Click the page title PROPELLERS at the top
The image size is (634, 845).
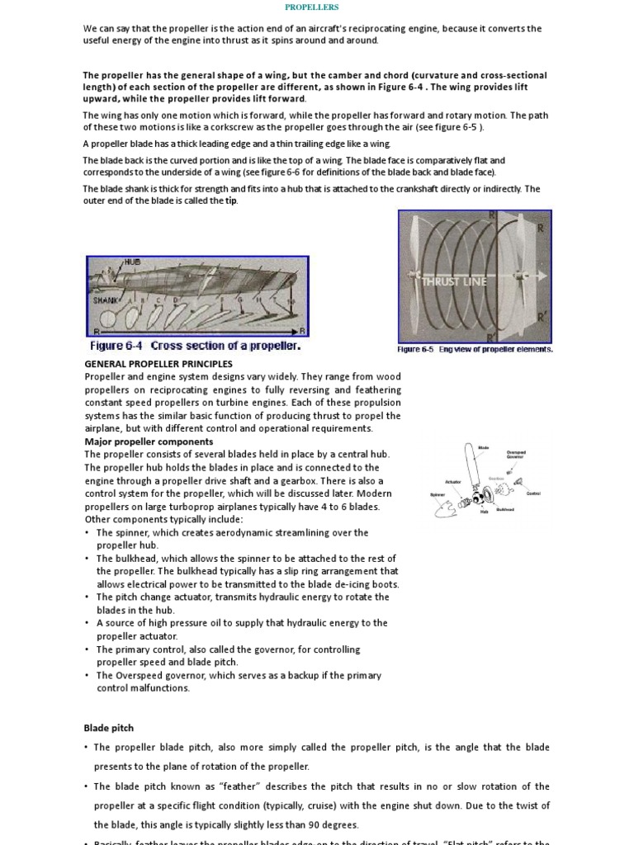click(x=312, y=7)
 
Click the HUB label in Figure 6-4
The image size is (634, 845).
click(x=132, y=262)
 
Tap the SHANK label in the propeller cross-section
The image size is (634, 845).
click(x=104, y=300)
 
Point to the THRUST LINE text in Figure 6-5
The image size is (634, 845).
click(x=455, y=281)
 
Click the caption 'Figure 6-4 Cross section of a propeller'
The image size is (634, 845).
click(x=195, y=347)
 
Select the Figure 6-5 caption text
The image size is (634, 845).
click(x=475, y=349)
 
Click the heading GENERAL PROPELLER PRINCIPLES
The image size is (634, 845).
click(x=158, y=364)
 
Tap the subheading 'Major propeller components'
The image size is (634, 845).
click(x=149, y=441)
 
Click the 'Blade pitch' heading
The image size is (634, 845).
click(x=108, y=728)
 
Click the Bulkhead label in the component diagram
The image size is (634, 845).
click(x=505, y=510)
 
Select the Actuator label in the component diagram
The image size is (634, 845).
click(x=453, y=481)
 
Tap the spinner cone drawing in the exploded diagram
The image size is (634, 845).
click(x=443, y=509)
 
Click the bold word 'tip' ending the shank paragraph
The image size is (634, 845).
click(x=231, y=201)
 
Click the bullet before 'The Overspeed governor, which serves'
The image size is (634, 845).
click(x=88, y=676)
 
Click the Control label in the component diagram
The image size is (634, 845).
click(x=533, y=493)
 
